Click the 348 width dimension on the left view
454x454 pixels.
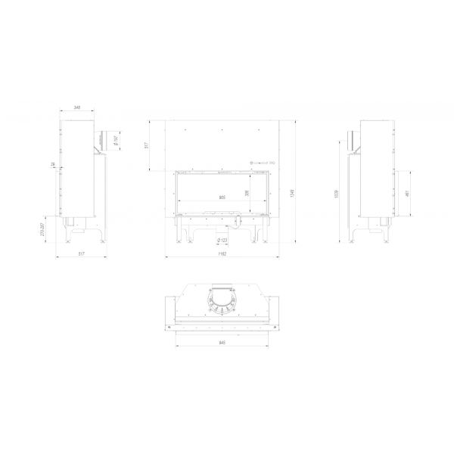pyautogui.click(x=78, y=109)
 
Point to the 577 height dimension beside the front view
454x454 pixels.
pyautogui.click(x=147, y=145)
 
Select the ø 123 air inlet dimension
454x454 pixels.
pyautogui.click(x=223, y=241)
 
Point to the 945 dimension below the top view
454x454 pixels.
pyautogui.click(x=222, y=342)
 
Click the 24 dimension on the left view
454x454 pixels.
pyautogui.click(x=54, y=164)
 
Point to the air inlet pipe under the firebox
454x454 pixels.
pyautogui.click(x=234, y=222)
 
